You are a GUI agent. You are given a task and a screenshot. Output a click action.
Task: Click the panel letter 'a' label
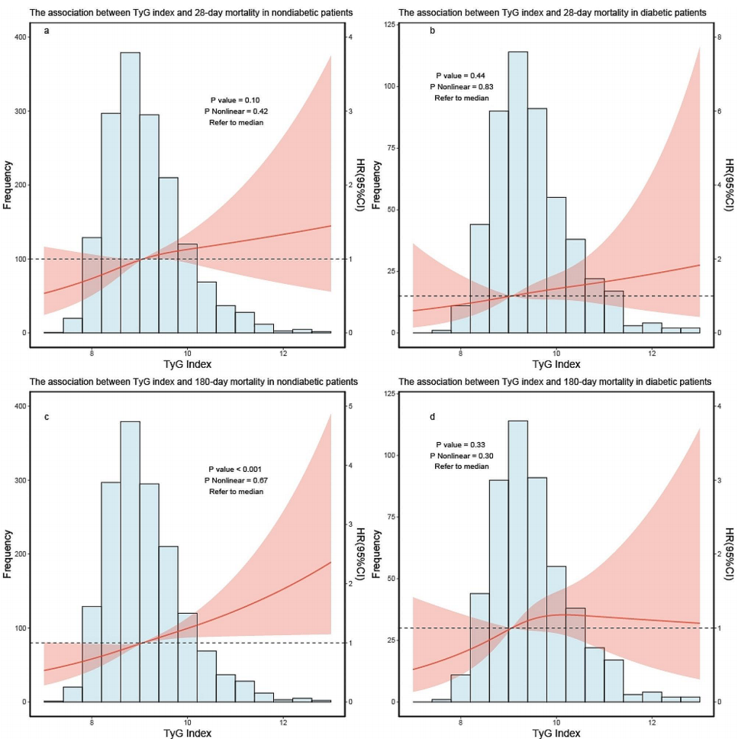tap(47, 36)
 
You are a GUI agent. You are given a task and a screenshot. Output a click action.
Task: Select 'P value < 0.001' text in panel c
tap(236, 469)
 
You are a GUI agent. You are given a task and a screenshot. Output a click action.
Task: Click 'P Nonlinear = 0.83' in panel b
tap(461, 87)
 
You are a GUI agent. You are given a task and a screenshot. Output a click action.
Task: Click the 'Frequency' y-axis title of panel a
tap(8, 184)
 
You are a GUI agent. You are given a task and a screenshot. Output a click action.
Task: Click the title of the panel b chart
tap(552, 13)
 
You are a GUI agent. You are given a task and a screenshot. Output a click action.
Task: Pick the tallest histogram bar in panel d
tap(518, 561)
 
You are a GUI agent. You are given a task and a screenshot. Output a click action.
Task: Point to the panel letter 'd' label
tap(432, 416)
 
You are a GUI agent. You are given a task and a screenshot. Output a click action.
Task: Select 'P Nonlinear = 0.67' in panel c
tap(236, 480)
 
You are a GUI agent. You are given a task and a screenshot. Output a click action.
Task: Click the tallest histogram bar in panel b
tap(518, 192)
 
